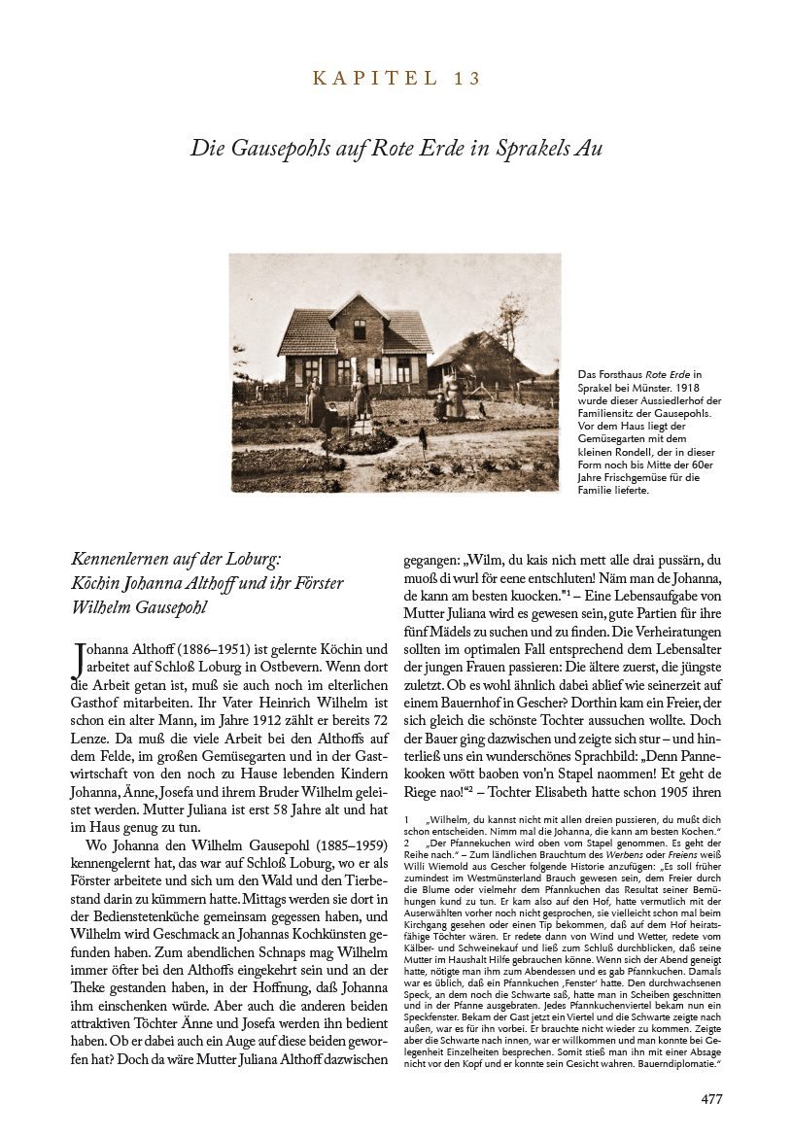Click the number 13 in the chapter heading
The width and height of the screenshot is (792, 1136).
[468, 79]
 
